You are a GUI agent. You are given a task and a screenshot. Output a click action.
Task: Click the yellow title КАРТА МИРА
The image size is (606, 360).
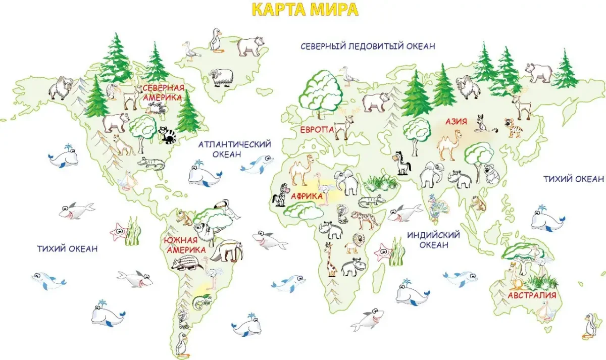[305, 10]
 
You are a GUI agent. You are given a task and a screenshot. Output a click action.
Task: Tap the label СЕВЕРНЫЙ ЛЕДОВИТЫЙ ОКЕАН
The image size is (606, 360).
[368, 46]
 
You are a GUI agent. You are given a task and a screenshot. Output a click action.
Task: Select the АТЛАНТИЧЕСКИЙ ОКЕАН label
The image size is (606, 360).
[234, 149]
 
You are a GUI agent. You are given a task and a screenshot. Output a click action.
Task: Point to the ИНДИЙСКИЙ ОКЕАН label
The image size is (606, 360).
[433, 240]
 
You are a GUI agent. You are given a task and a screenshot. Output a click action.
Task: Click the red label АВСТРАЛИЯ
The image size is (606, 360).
[532, 295]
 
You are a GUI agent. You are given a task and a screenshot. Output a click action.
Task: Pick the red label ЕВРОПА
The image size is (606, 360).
[317, 130]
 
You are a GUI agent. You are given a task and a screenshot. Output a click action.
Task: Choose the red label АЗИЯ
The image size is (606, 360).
[456, 121]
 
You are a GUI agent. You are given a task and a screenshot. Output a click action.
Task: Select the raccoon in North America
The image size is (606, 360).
[167, 134]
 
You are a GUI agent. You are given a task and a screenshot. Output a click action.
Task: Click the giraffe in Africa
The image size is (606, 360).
[331, 259]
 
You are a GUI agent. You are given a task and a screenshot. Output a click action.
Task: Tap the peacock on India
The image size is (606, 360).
[434, 207]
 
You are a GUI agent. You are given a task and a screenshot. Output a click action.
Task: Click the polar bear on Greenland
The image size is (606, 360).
[250, 45]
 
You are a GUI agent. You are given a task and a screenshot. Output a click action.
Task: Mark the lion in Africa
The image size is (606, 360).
[352, 244]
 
